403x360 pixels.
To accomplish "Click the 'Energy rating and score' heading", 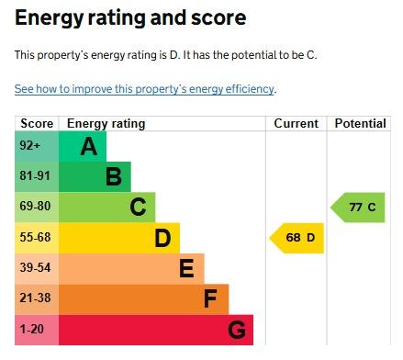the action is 130,18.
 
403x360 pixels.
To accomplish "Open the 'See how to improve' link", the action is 144,89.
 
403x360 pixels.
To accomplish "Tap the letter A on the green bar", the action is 89,146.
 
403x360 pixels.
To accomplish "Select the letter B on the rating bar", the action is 114,176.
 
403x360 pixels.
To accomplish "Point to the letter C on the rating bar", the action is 138,207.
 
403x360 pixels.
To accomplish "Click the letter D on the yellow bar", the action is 162,238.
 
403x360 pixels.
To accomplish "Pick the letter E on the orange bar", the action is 186,268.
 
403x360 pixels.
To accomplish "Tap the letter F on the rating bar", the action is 210,298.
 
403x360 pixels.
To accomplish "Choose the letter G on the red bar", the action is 237,330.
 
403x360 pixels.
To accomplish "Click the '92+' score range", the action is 29,145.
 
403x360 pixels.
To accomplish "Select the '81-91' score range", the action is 35,175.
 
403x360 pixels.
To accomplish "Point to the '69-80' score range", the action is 35,206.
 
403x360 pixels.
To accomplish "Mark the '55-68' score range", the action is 35,237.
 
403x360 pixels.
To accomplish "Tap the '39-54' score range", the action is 35,267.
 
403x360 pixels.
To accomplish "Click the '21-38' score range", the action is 35,298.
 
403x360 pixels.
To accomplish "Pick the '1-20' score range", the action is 32,329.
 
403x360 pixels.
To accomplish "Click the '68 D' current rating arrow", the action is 297,238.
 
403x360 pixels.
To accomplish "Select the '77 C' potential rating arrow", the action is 358,208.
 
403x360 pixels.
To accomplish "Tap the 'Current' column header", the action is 296,124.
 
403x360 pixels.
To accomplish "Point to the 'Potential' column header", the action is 360,124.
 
